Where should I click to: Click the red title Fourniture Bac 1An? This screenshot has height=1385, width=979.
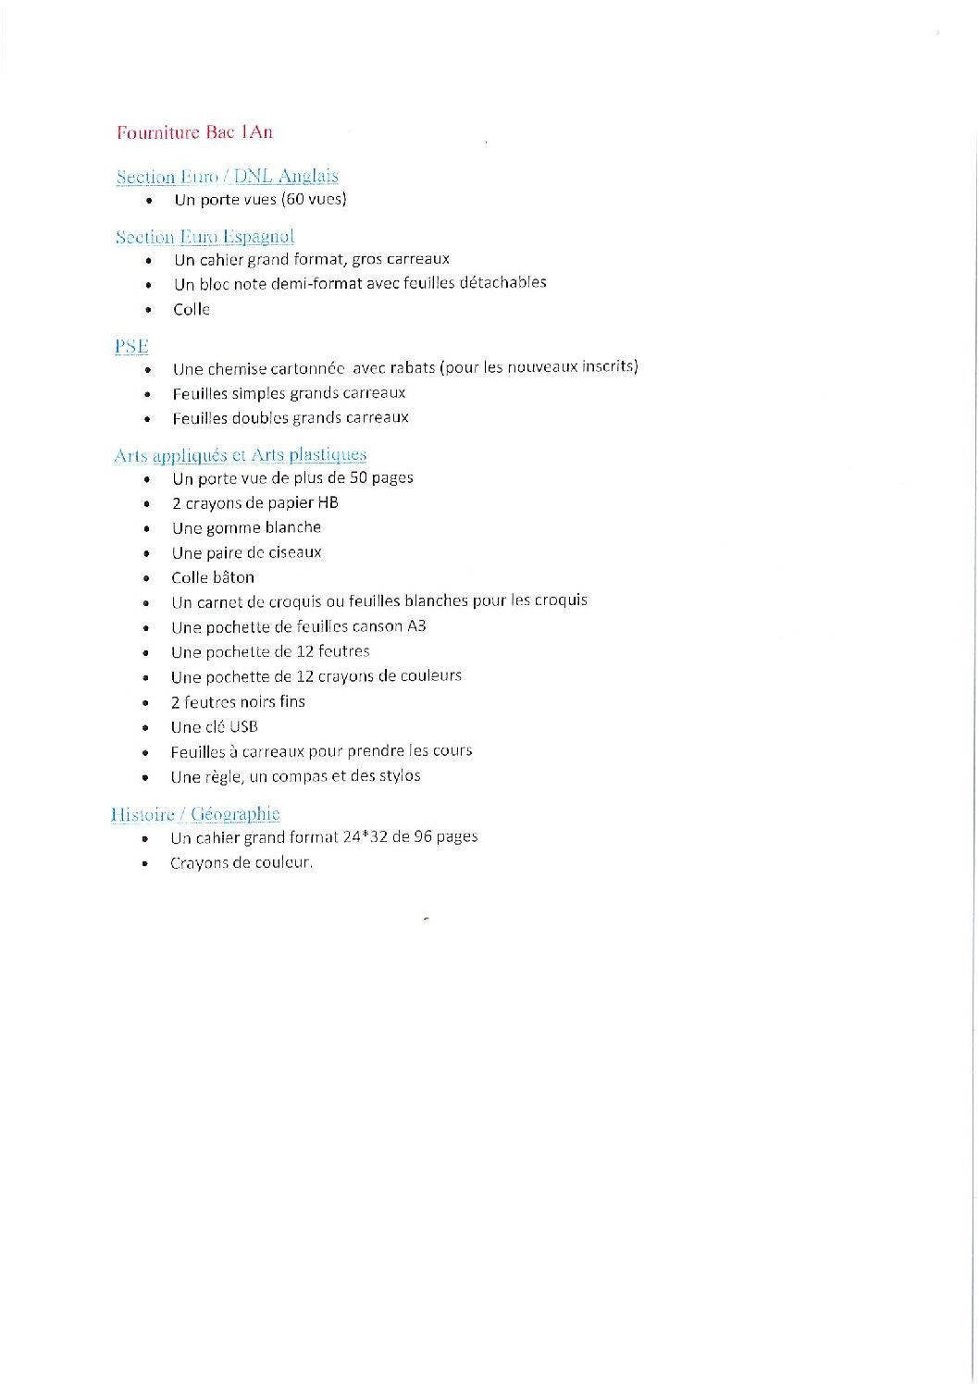click(194, 132)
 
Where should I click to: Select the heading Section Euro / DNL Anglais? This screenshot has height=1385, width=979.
click(227, 176)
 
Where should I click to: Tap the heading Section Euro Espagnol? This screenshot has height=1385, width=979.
click(204, 237)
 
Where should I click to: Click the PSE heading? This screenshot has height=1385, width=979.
click(131, 346)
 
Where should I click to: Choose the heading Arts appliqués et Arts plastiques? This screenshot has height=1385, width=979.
click(240, 454)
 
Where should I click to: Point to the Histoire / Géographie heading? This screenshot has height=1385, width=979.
click(194, 814)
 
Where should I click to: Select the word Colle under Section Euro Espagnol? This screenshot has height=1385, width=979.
click(192, 309)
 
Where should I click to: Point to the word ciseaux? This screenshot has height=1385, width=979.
click(292, 552)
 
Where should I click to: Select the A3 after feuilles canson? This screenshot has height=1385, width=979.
click(416, 626)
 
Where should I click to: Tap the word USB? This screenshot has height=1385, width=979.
click(243, 726)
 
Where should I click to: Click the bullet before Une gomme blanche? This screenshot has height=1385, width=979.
click(147, 528)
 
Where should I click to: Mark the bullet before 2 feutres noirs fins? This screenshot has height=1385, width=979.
click(146, 703)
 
